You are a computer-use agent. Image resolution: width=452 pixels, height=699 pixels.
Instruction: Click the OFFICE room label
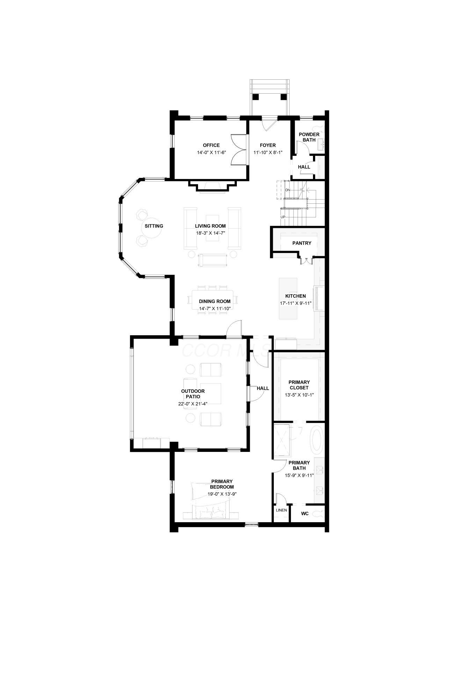(211, 145)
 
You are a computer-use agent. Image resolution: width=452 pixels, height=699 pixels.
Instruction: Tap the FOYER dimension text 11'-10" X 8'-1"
(268, 152)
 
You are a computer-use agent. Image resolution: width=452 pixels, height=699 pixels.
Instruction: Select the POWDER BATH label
(309, 137)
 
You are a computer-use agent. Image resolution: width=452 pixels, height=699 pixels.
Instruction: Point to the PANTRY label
(301, 243)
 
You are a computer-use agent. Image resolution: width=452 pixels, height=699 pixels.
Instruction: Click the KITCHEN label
(296, 296)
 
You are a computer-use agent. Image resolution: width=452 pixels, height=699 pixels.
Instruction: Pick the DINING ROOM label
(214, 301)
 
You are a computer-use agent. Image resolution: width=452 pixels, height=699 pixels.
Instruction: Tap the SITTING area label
(154, 226)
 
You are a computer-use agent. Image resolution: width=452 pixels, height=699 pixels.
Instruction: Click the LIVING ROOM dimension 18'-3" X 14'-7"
(210, 233)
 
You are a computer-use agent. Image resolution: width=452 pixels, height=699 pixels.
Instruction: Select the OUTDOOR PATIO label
(193, 394)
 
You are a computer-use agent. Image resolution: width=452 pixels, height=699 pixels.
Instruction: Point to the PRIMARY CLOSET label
(299, 385)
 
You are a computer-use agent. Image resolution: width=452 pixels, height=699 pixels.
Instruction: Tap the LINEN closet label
(281, 510)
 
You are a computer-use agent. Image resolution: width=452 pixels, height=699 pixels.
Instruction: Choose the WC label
(304, 514)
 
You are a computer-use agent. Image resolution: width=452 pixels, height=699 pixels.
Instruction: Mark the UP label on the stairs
(283, 217)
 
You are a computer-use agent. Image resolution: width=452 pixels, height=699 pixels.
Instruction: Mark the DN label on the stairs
(287, 190)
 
